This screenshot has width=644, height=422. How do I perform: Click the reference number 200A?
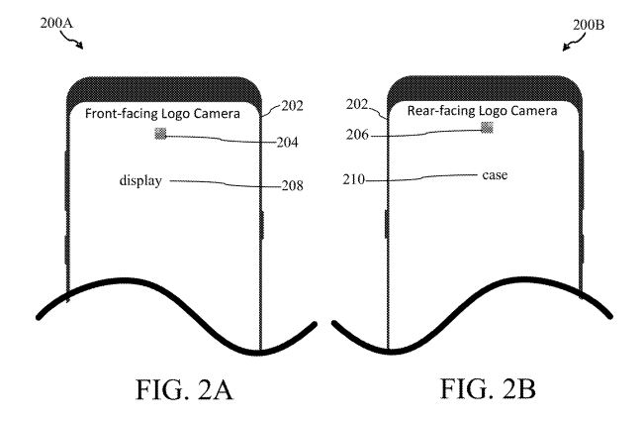[x=56, y=23]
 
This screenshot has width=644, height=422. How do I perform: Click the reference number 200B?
[x=589, y=25]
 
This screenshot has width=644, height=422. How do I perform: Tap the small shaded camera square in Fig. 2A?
[x=160, y=134]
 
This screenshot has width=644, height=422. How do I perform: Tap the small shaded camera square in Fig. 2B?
[x=487, y=128]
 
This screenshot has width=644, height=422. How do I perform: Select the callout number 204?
[x=288, y=143]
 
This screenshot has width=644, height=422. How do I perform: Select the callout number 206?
[x=357, y=135]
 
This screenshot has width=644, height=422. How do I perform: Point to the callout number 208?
[x=293, y=186]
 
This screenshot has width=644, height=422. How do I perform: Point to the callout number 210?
[x=353, y=179]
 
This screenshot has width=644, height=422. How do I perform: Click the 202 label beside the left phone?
[x=293, y=106]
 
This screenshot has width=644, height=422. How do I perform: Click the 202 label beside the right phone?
[x=356, y=104]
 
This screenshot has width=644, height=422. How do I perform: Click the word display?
[x=140, y=181]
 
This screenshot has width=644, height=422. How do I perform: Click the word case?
[x=495, y=175]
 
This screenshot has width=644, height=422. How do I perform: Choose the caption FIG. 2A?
[x=184, y=389]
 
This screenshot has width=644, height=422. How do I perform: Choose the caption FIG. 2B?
[x=488, y=388]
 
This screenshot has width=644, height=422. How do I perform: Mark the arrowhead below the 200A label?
[x=80, y=47]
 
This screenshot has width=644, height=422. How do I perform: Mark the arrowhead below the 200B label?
[x=566, y=48]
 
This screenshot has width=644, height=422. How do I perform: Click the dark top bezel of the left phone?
[x=164, y=89]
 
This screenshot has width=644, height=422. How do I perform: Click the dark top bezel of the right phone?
[x=484, y=88]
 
